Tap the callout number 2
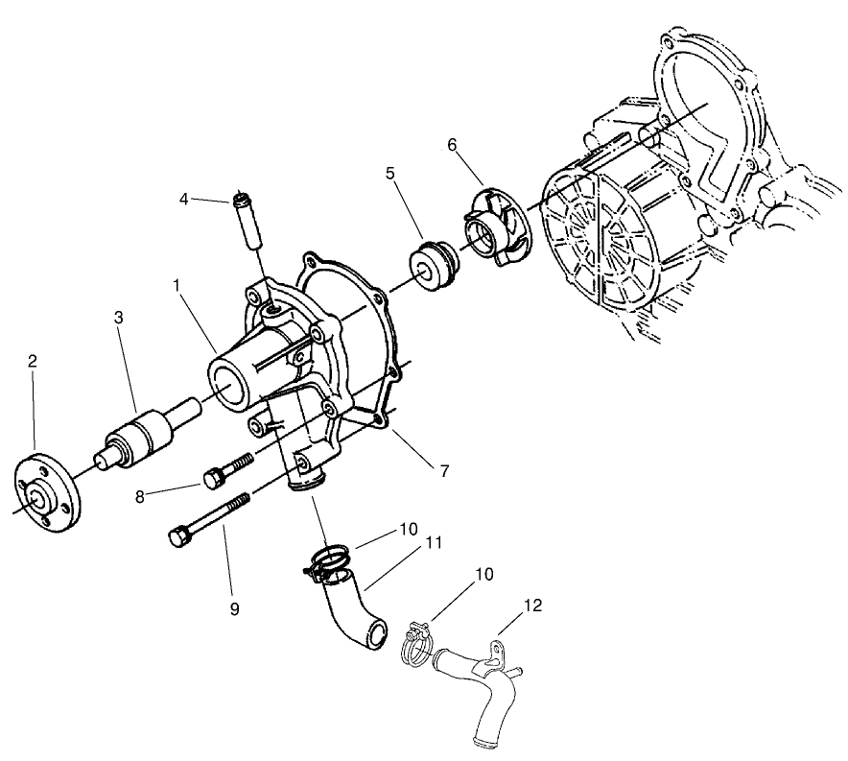[x=33, y=362]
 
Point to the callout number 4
[x=182, y=200]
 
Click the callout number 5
[x=390, y=174]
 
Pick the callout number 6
[x=452, y=145]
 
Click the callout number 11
[x=434, y=542]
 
